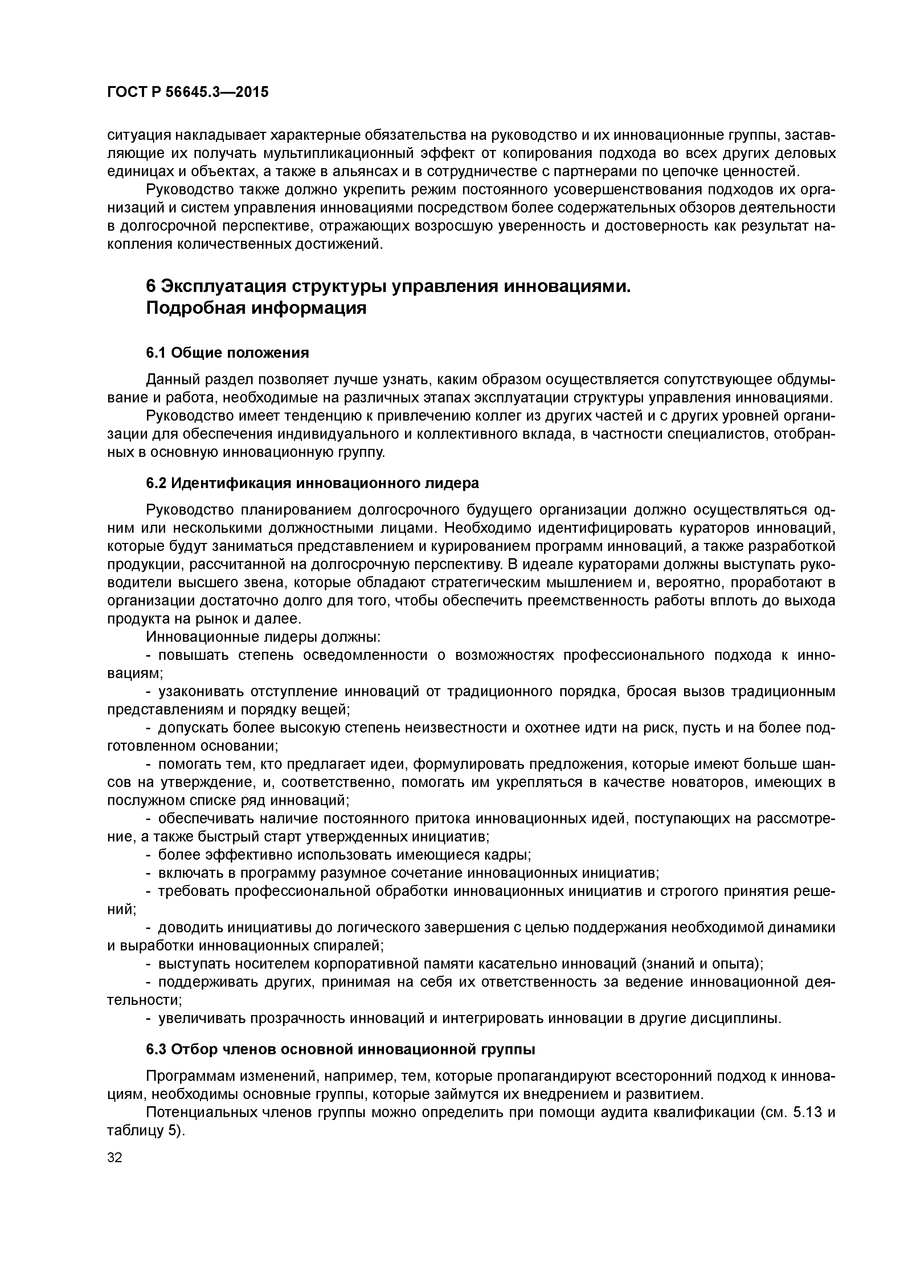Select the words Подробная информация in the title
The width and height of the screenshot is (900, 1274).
coord(256,308)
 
